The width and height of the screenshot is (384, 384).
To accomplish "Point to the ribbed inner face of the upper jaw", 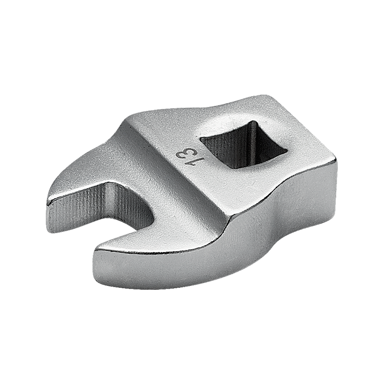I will click(84, 202).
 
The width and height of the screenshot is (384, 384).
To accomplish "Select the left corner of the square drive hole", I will click(202, 140).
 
